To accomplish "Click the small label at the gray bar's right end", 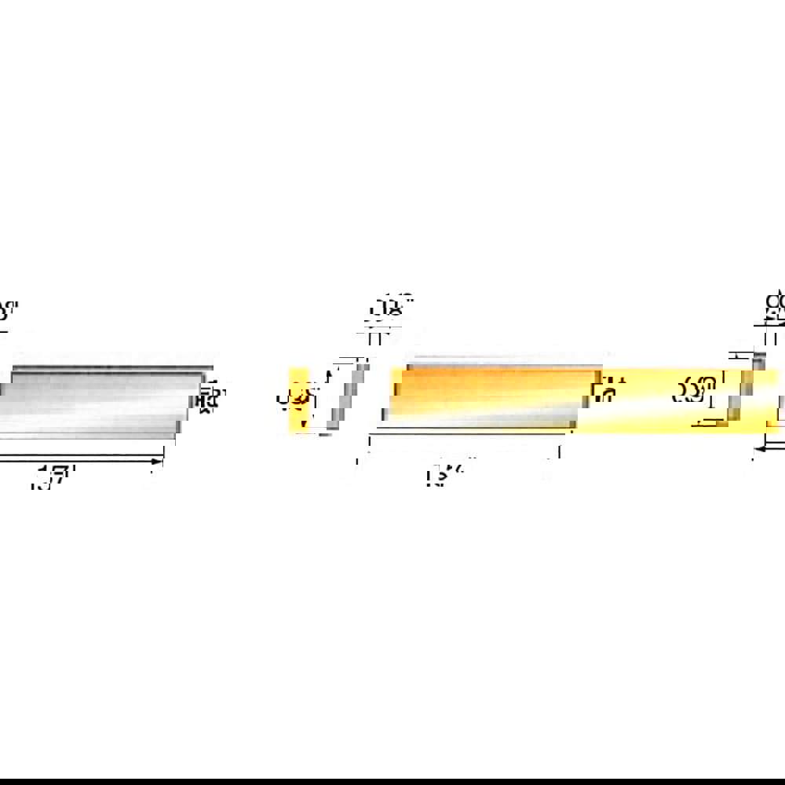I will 208,396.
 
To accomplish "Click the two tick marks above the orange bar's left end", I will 374,338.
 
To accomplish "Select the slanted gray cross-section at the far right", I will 738,389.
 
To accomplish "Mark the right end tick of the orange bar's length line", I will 559,452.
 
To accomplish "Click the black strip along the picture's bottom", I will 392,781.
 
